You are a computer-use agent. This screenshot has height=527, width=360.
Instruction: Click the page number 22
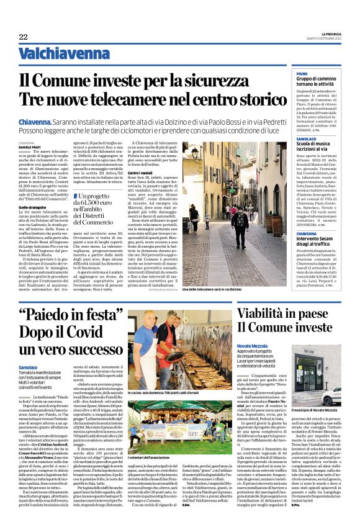(x=23, y=37)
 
